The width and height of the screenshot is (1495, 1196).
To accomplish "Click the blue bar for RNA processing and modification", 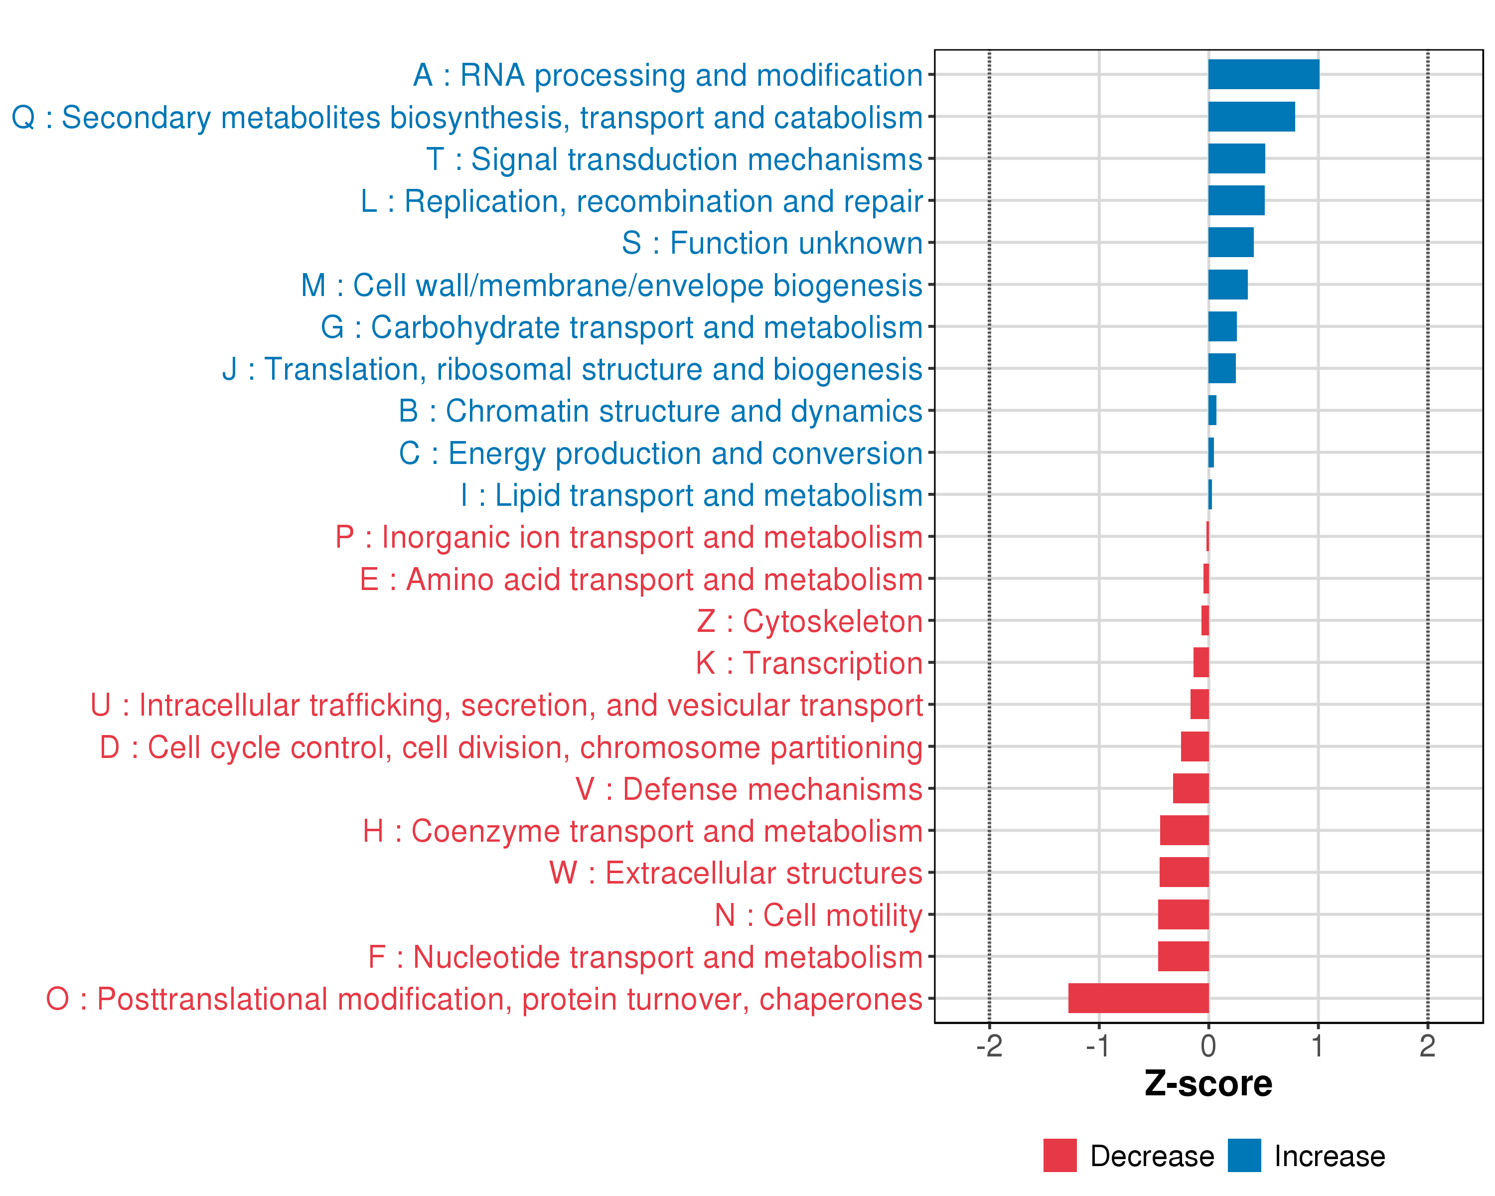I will pos(1263,74).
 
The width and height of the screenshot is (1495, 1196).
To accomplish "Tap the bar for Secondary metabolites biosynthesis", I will pos(1251,117).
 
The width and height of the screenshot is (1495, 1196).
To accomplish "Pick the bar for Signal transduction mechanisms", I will pos(1236,159).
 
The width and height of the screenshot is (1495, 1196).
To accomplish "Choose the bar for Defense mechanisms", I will pos(1191,788).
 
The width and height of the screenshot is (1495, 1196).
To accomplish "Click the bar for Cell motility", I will pos(1183,914).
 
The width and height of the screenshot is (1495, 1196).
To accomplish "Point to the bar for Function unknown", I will pos(1231,243).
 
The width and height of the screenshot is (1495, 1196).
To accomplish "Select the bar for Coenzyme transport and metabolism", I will pos(1185,831).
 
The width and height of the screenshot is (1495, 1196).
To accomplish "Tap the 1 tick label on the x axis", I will pos(1318,1046).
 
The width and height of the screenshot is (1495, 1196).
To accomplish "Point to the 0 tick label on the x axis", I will pos(1208,1046).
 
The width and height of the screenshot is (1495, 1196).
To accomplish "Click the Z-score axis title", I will pos(1208,1084).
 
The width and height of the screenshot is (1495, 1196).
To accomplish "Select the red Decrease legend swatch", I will pos(1059,1156).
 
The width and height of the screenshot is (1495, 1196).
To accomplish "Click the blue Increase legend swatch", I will pos(1244,1156).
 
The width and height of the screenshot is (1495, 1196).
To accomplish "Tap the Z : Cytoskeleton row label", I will pos(809,621).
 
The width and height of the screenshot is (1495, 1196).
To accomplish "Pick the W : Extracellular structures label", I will pos(736,873).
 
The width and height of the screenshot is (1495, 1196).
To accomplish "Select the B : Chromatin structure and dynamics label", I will pos(660,411).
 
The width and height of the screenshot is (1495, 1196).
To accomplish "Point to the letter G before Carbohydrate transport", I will pos(332,327).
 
